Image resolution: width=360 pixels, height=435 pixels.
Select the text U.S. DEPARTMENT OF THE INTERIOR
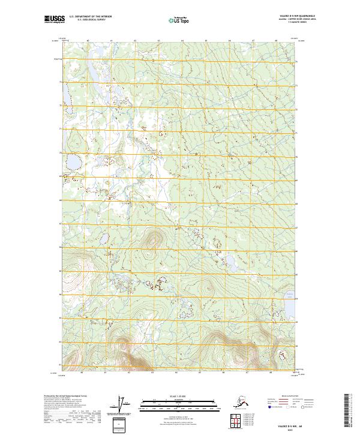click(86, 18)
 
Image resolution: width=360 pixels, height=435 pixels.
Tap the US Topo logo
click(179, 20)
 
